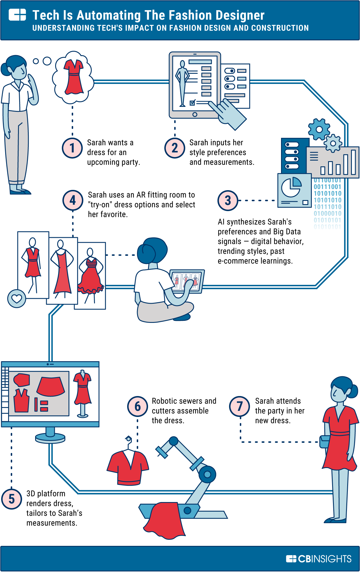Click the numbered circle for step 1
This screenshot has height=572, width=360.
point(72,148)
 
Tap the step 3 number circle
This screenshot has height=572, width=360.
point(228,201)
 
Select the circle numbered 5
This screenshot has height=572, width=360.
point(12,499)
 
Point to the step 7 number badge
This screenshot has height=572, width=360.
point(240,406)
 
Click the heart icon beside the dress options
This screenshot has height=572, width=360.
point(17,298)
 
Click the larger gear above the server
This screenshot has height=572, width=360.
point(319,129)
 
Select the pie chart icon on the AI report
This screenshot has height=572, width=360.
point(291,187)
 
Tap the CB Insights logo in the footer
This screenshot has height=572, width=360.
point(319,559)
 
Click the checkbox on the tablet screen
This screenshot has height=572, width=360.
point(192,103)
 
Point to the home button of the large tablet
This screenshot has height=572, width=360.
point(195,114)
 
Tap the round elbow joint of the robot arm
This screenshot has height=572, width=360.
point(207,474)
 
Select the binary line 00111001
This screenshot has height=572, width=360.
point(327,187)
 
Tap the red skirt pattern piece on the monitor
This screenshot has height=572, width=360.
point(51,386)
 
